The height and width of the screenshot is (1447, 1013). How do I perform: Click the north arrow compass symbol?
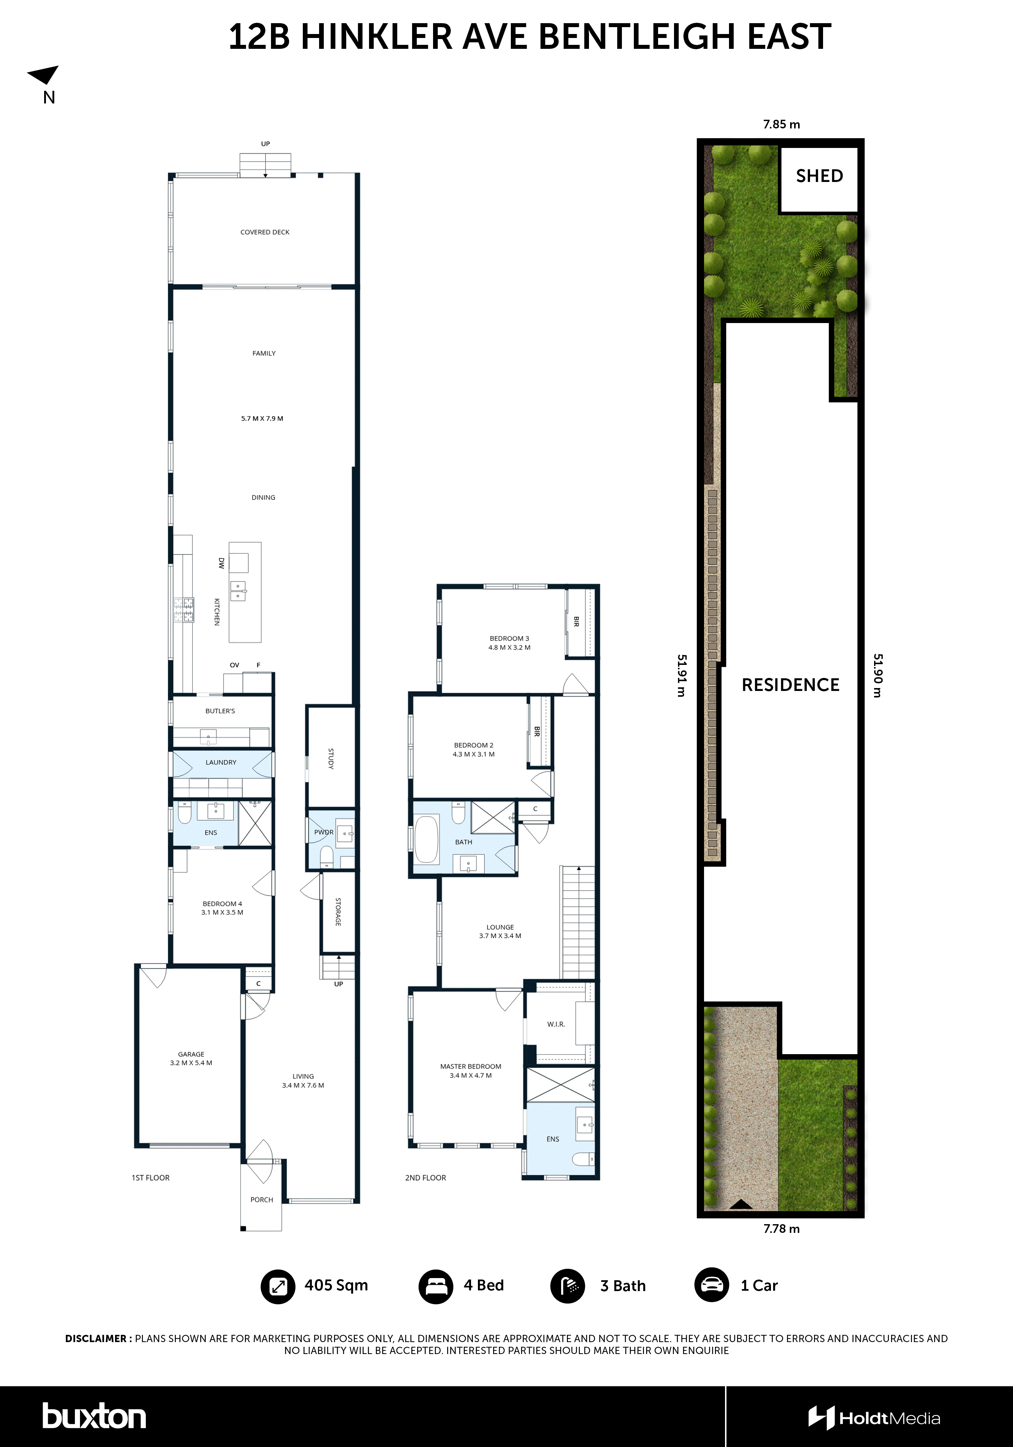point(44,75)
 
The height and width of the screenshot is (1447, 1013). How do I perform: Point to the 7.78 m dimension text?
point(781,1228)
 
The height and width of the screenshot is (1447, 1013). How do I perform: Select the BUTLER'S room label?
point(220,711)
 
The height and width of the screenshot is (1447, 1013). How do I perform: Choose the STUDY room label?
point(330,758)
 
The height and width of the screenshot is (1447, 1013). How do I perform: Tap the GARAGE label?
point(191,1054)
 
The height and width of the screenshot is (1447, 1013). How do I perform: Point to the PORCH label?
point(262,1199)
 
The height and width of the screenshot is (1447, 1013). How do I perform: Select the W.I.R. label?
point(555,1024)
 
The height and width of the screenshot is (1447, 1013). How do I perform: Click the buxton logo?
point(94,1417)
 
